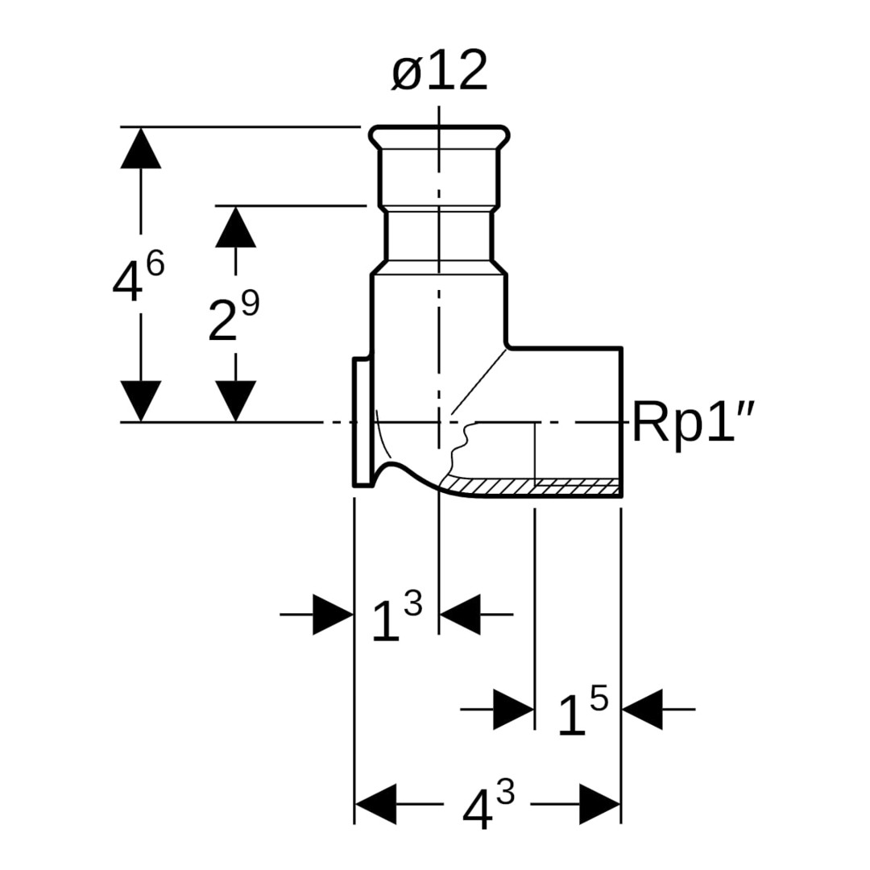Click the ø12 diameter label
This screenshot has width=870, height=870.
pos(440,71)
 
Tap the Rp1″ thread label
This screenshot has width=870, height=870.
pos(694,422)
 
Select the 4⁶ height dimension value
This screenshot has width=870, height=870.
pos(138,278)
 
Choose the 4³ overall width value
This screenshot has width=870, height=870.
pos(488,806)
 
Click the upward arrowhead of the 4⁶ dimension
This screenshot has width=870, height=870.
pos(141,148)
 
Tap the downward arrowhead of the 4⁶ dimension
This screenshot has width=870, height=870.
pos(141,400)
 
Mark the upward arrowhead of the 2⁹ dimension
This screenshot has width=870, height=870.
pos(235,227)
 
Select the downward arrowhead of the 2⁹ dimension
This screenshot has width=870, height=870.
pos(235,400)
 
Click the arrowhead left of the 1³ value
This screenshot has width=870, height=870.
pos(333,615)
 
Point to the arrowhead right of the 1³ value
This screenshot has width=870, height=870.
pos(460,615)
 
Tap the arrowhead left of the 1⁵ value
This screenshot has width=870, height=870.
pos(513,710)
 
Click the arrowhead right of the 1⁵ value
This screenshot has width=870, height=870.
pos(642,710)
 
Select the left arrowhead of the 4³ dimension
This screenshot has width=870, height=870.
pos(375,804)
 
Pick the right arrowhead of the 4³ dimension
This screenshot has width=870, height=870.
pos(600,804)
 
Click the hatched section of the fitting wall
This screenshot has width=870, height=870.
pos(532,486)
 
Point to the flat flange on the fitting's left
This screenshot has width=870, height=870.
pos(362,423)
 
